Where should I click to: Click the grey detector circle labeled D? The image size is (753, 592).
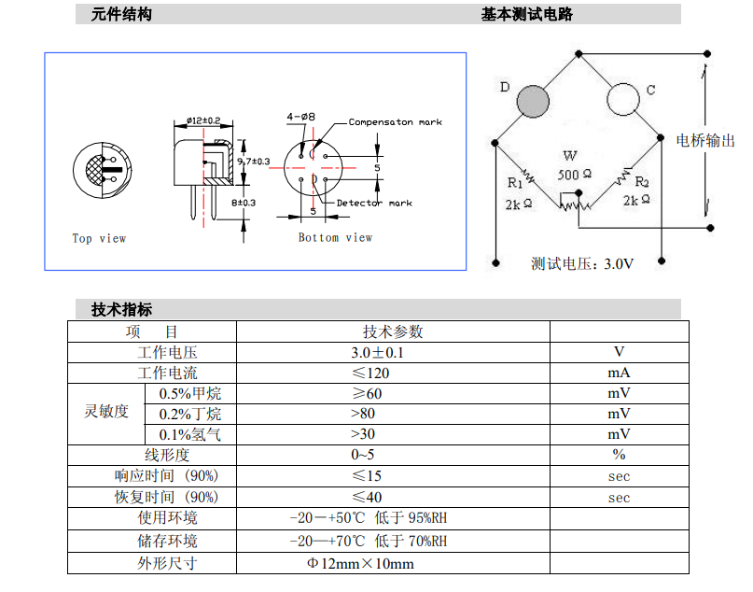[x=533, y=102]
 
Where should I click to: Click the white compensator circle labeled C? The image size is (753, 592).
[x=623, y=100]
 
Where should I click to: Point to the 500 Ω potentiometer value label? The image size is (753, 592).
[x=575, y=174]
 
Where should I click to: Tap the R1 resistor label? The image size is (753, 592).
[x=514, y=183]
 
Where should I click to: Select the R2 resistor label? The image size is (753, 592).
[x=642, y=182]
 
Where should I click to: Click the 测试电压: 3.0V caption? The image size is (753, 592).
[x=582, y=264]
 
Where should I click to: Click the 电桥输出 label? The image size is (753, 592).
[x=705, y=140]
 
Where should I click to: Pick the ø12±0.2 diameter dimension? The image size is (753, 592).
[x=203, y=120]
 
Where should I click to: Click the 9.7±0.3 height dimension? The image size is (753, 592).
[x=253, y=162]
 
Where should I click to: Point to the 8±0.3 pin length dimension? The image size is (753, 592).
[x=244, y=203]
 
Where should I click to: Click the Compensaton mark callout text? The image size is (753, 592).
[x=396, y=122]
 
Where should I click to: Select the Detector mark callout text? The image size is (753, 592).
[x=374, y=203]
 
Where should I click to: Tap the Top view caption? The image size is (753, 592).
[x=100, y=238]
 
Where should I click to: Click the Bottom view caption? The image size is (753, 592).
[x=335, y=237]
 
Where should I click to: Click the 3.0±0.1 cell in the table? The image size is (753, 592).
[x=378, y=353]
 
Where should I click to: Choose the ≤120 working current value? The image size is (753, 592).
[x=370, y=374]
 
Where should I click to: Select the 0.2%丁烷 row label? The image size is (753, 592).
[x=190, y=414]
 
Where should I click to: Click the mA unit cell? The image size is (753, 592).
[x=619, y=373]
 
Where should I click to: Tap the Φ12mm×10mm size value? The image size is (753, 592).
[x=360, y=564]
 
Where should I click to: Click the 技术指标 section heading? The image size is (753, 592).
[x=121, y=309]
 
